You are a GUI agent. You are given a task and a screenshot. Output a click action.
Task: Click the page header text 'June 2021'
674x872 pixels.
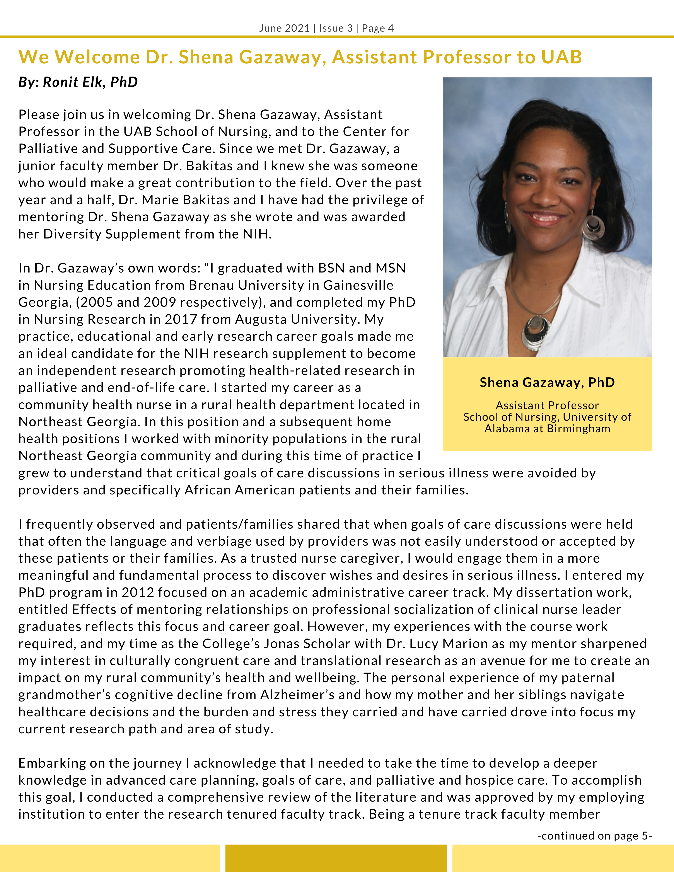pyautogui.click(x=284, y=28)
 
